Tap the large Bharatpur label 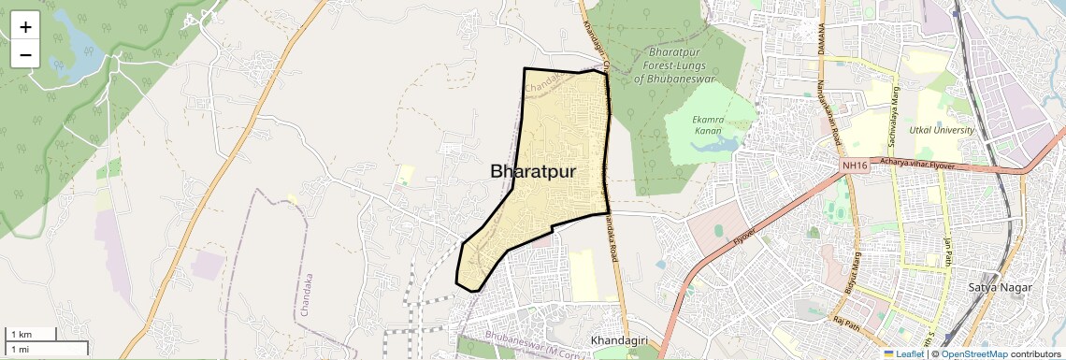pos(532,172)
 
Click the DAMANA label pos(821,40)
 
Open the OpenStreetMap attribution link pos(973,354)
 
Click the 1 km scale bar pos(32,334)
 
